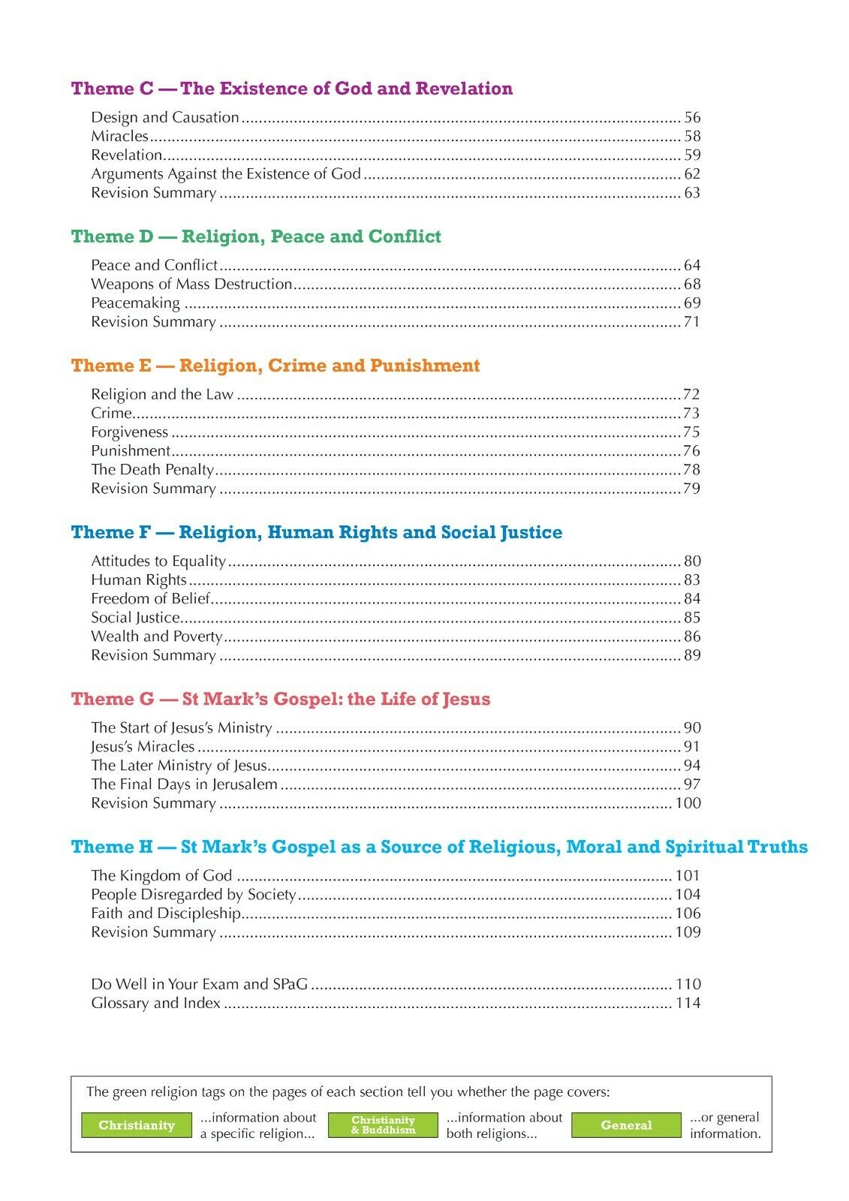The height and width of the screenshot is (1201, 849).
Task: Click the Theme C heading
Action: pos(291,89)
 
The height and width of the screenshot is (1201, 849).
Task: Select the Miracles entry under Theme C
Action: pos(120,136)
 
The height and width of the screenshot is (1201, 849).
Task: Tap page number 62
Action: pos(691,174)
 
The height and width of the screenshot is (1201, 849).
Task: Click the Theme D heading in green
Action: pos(256,236)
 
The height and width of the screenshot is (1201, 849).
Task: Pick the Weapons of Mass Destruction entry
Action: pos(191,284)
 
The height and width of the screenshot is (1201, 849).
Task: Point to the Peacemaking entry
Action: pos(135,303)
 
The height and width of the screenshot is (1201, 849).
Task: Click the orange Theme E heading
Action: pos(275,366)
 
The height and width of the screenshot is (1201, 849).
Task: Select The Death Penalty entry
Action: pos(152,470)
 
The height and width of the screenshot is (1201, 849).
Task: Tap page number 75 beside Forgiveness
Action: pos(691,432)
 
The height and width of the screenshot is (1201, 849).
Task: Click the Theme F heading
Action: pos(316,532)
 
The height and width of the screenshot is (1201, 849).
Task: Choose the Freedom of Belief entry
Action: pos(150,599)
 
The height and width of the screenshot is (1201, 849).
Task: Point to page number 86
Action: pos(691,637)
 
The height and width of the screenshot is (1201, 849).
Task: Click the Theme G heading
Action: pos(280,699)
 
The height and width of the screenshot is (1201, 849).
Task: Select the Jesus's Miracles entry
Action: pos(143,747)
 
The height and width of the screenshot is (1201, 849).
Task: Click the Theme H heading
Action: pos(439,847)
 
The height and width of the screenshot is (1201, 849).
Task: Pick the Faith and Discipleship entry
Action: pos(166,914)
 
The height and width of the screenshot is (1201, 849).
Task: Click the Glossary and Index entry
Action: pos(155,1004)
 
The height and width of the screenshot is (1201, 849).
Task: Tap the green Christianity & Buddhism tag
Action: pos(383,1125)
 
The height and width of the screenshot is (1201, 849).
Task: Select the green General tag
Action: pos(626,1125)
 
